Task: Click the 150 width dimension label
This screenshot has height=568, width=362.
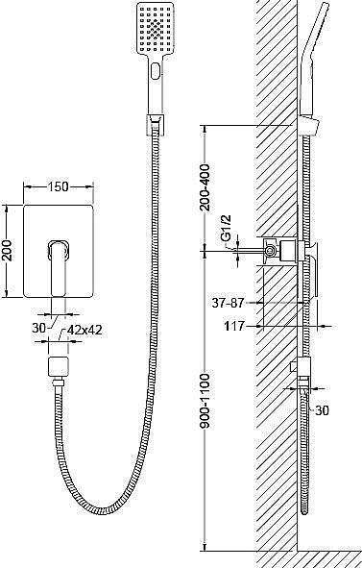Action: [x=59, y=186]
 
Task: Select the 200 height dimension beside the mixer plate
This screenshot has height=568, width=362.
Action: [x=8, y=250]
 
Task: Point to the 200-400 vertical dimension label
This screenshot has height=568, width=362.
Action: [x=205, y=187]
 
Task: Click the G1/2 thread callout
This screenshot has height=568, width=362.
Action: [x=227, y=228]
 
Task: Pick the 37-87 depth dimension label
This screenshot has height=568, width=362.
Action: [x=229, y=303]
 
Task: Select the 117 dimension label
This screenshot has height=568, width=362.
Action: [x=234, y=327]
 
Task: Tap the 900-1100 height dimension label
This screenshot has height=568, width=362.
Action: [x=205, y=402]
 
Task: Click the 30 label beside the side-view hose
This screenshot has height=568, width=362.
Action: [x=322, y=410]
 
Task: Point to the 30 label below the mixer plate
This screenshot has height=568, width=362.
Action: [x=39, y=328]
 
